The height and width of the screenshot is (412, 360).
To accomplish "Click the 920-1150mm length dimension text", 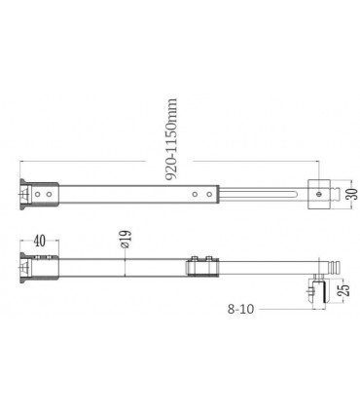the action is click(x=171, y=139).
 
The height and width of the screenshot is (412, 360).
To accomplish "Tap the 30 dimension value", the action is click(x=354, y=194).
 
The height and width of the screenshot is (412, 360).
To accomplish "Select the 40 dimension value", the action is click(x=40, y=242).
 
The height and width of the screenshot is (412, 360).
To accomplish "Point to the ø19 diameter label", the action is click(x=126, y=240).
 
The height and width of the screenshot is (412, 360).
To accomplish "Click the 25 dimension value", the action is click(x=345, y=290).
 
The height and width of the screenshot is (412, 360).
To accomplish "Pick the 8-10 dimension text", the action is click(x=240, y=309).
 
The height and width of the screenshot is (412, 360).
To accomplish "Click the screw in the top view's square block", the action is click(x=318, y=194).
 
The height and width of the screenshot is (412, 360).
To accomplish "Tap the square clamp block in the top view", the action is click(x=318, y=194).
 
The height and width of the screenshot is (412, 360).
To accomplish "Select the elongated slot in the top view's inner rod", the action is click(x=258, y=194).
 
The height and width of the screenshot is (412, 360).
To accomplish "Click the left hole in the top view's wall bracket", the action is click(x=38, y=195).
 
